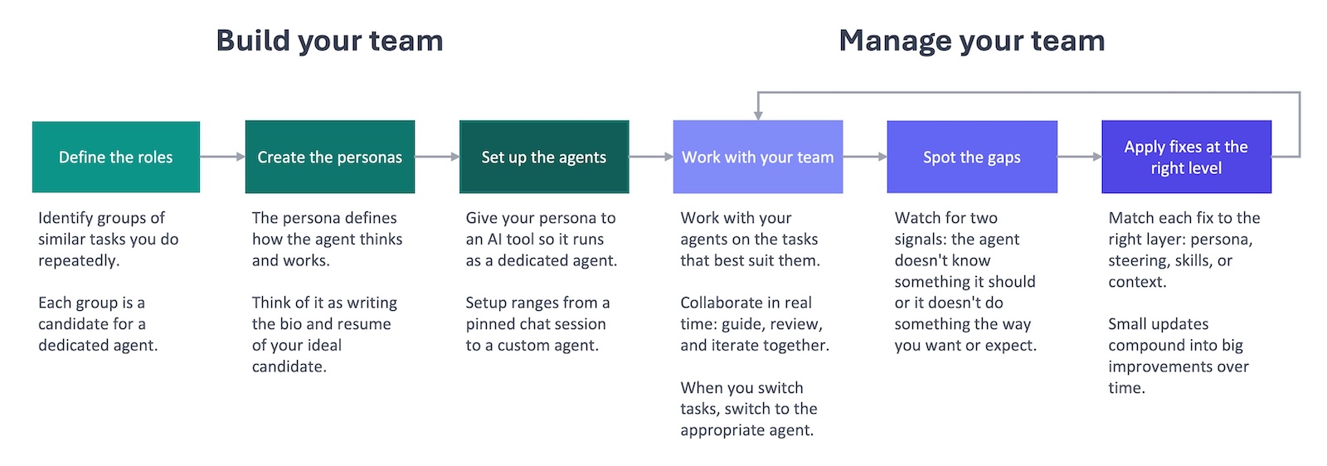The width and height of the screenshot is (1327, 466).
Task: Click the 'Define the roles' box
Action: [x=116, y=157]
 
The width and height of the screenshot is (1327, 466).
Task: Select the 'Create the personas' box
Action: [x=329, y=157]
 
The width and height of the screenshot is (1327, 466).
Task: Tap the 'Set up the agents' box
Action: [x=543, y=157]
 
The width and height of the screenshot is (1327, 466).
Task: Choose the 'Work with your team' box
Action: [x=757, y=157]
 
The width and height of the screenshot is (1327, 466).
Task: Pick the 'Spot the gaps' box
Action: [x=971, y=157]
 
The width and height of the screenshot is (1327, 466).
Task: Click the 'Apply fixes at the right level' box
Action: [x=1185, y=157]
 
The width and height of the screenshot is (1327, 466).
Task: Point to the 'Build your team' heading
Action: [x=329, y=41]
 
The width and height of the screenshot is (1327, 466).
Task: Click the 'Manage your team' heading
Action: [x=971, y=41]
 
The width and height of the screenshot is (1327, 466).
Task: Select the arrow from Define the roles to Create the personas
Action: [x=222, y=157]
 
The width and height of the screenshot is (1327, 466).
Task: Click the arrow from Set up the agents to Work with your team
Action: [x=650, y=157]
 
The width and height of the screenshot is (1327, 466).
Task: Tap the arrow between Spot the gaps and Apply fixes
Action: [x=1079, y=157]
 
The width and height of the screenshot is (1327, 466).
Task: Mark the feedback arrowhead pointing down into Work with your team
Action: [x=757, y=114]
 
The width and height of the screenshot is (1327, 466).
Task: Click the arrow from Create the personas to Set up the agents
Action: [x=436, y=157]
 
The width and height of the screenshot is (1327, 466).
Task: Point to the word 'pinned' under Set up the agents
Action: [x=490, y=324]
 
